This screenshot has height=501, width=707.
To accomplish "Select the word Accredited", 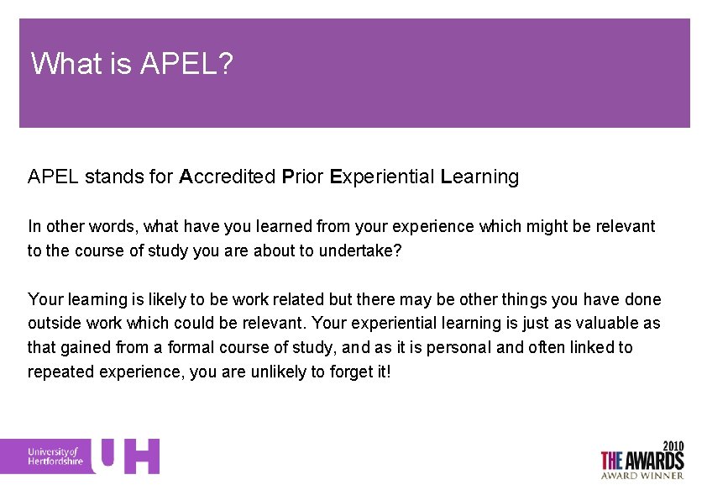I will [226, 177].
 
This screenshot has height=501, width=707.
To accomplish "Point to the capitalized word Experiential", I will [382, 177].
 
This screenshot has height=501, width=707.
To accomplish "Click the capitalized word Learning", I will [479, 177].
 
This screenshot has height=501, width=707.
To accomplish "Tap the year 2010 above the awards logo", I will [673, 445].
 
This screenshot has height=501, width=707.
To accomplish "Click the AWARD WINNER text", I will [642, 475].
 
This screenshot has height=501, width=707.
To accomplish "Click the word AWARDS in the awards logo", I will [654, 460].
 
